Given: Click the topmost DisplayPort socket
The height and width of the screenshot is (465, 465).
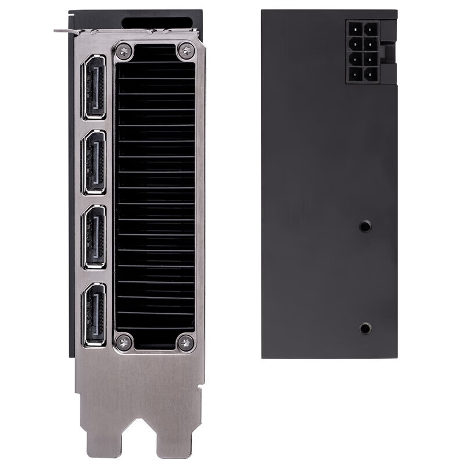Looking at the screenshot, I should pyautogui.click(x=94, y=87).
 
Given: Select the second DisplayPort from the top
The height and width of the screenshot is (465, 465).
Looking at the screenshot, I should pyautogui.click(x=94, y=162).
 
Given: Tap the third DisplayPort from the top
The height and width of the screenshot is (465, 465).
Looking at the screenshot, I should pyautogui.click(x=94, y=238).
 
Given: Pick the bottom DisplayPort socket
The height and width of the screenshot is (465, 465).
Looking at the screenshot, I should pyautogui.click(x=94, y=314).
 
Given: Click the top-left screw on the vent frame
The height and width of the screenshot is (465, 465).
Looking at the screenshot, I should pyautogui.click(x=124, y=51).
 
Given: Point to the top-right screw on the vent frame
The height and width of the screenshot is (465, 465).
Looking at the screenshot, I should pyautogui.click(x=185, y=51).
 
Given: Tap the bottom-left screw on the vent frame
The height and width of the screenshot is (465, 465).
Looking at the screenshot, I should pyautogui.click(x=124, y=342).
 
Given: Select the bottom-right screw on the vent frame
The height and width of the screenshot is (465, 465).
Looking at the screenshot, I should pyautogui.click(x=185, y=342).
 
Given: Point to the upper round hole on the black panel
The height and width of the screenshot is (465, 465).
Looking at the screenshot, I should pyautogui.click(x=365, y=226).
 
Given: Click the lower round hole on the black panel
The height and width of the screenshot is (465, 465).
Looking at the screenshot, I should pyautogui.click(x=365, y=328).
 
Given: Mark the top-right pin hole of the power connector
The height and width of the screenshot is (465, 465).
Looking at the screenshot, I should pyautogui.click(x=371, y=28).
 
